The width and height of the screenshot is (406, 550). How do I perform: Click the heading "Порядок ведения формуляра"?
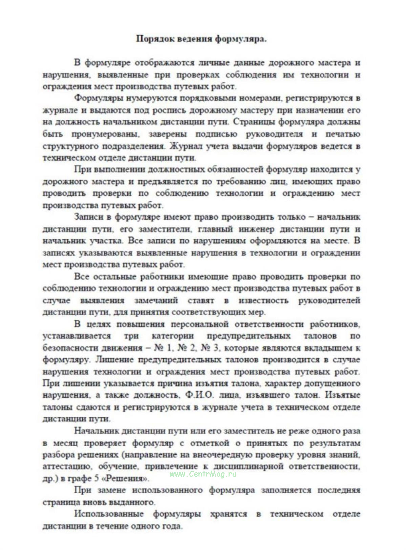201,39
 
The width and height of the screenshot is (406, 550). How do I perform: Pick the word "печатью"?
343,134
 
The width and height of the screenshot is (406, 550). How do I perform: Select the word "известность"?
263,300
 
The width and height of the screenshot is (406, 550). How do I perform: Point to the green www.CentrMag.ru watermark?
203,474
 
